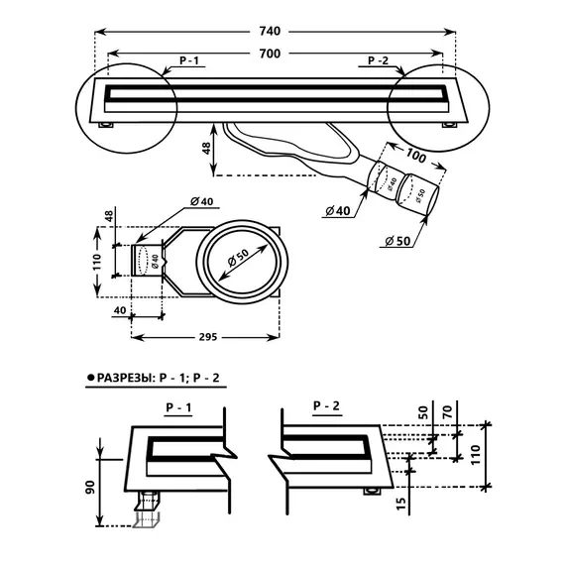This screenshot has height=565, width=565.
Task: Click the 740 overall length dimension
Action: point(270,32)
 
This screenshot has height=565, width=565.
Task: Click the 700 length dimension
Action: point(270,54)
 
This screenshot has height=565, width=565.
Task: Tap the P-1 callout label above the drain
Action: point(189,60)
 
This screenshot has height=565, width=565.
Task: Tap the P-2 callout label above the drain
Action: point(379,60)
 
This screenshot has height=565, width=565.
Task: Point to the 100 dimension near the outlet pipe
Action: point(416,156)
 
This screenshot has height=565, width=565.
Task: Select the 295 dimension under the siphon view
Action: point(208,337)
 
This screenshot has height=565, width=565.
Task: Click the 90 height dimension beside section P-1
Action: point(90,487)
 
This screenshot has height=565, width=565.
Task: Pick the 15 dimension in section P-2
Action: point(401,501)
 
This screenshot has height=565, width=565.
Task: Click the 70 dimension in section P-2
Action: point(447,412)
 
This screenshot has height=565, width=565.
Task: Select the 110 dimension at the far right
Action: point(476,455)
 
